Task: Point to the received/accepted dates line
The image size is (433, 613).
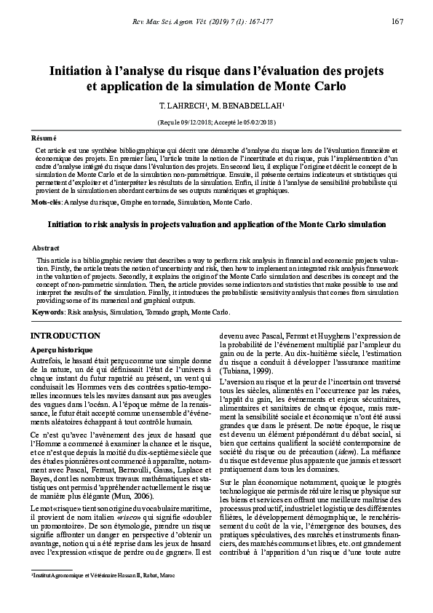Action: pos(216,122)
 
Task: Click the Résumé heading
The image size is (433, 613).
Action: pos(43,138)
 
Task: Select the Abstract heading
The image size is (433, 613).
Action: pos(46,248)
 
